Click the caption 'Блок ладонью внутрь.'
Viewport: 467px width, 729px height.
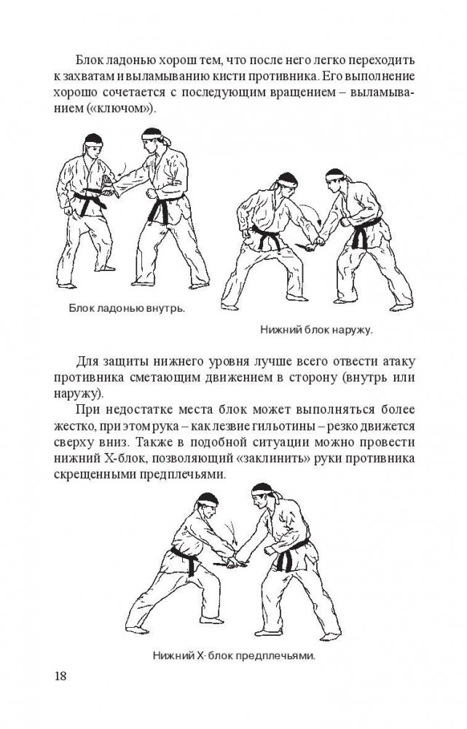tap(127, 308)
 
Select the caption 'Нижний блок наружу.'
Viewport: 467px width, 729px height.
tap(317, 331)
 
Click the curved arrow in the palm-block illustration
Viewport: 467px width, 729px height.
tap(124, 168)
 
